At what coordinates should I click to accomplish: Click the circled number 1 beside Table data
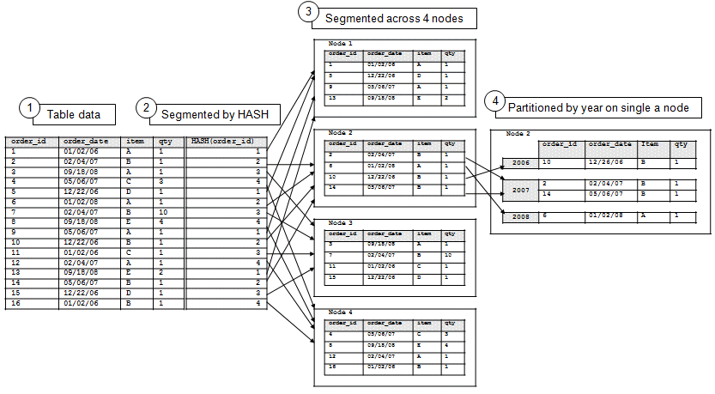[30, 108]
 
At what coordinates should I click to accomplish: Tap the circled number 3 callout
[306, 12]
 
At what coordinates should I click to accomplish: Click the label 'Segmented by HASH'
[210, 112]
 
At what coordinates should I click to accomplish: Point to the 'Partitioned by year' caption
[603, 107]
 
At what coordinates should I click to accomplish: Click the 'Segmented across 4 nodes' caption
[396, 17]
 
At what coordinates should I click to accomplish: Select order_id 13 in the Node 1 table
[331, 98]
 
